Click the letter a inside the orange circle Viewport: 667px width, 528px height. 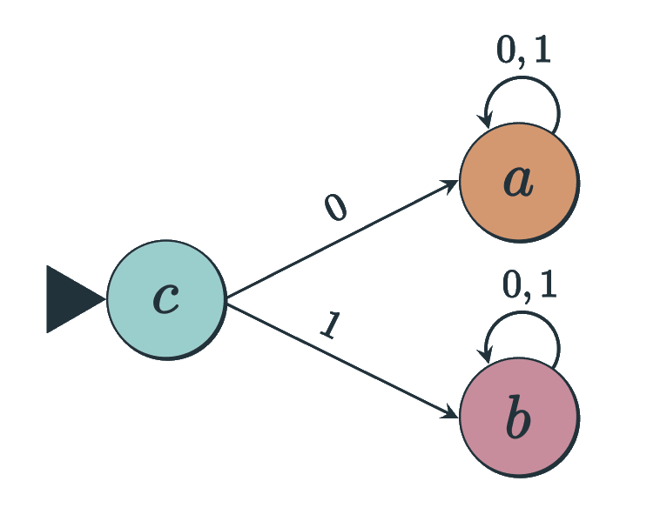coord(518,182)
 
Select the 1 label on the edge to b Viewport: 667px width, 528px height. coord(329,324)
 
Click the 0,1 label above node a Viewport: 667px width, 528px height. coord(523,51)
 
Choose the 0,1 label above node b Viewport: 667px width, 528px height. coord(529,284)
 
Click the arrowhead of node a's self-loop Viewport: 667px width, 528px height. coord(485,121)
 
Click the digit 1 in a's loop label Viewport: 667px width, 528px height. coord(542,50)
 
